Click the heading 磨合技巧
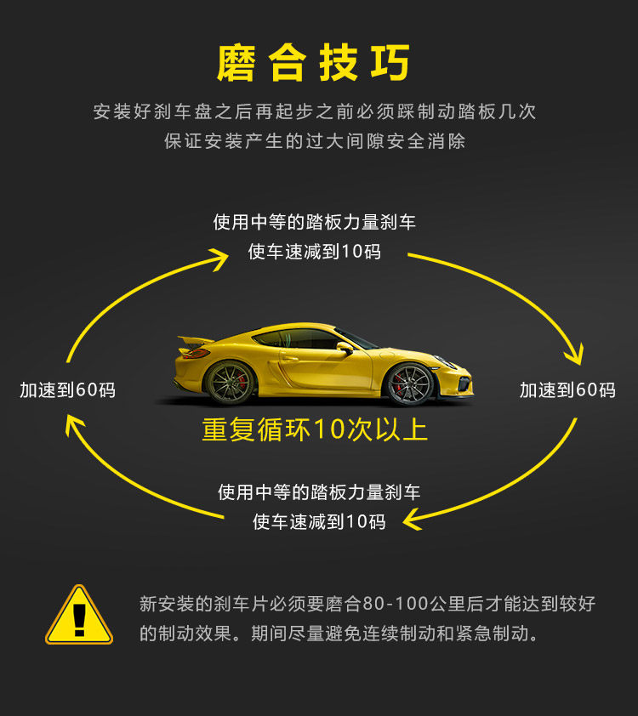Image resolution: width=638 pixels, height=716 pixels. point(314,64)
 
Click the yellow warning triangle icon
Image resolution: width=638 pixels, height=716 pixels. point(79,617)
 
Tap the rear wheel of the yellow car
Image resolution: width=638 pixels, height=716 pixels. point(229,382)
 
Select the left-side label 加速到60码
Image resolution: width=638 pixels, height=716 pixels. point(67,390)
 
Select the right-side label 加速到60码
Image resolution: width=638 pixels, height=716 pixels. point(567,390)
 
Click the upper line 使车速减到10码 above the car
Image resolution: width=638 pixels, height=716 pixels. point(315,252)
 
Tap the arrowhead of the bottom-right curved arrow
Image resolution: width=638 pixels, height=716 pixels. point(413,518)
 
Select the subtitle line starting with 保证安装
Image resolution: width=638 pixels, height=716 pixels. point(315,141)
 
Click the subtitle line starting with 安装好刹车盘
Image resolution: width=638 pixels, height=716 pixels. point(315,111)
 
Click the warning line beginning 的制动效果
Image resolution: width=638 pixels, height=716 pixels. point(339,634)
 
